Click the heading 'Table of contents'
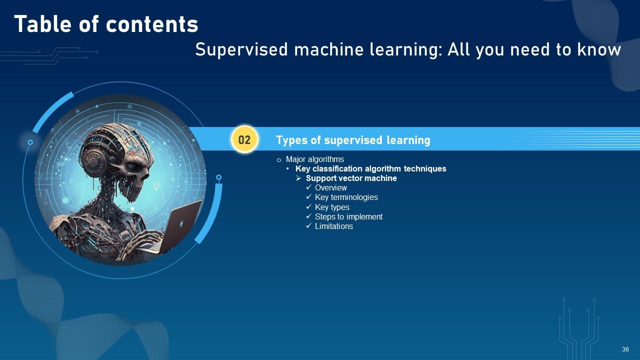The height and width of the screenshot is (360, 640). point(106,24)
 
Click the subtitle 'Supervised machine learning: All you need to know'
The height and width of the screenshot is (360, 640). point(408,49)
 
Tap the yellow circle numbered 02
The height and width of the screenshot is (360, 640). point(244,139)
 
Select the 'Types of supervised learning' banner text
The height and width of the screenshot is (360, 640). point(353,140)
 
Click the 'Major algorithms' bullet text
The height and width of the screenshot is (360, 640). point(314,159)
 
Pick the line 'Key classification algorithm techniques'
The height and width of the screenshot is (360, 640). point(370,169)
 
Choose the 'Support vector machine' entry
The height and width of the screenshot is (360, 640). point(351,178)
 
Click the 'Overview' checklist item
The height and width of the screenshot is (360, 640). point(330,188)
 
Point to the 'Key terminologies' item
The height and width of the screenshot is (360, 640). point(346,197)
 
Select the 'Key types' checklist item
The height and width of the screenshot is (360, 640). point(332,207)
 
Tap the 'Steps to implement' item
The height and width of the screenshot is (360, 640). point(348,216)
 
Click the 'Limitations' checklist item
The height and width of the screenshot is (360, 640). point(333,226)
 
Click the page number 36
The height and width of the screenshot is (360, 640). point(625,349)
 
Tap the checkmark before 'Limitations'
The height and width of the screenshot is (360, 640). point(308,226)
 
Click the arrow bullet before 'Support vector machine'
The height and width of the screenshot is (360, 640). point(298,178)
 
